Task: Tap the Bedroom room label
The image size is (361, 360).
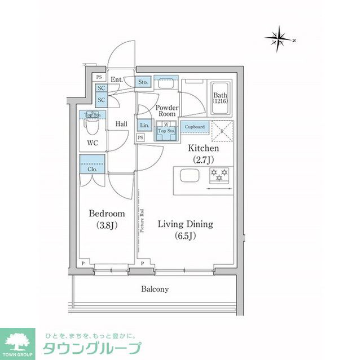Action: pyautogui.click(x=106, y=219)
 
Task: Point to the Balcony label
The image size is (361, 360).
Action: pyautogui.click(x=155, y=289)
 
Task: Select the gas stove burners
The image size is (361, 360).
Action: pyautogui.click(x=219, y=175)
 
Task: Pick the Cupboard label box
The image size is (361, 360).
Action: pyautogui.click(x=195, y=127)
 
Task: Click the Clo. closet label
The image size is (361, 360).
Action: pyautogui.click(x=92, y=168)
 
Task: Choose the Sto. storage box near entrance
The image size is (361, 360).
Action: pyautogui.click(x=143, y=82)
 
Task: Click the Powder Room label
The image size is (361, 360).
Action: pyautogui.click(x=167, y=110)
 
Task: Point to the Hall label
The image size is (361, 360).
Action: pyautogui.click(x=121, y=124)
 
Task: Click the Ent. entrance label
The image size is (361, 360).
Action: pyautogui.click(x=117, y=80)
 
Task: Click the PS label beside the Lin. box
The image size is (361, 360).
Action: pyautogui.click(x=139, y=136)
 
